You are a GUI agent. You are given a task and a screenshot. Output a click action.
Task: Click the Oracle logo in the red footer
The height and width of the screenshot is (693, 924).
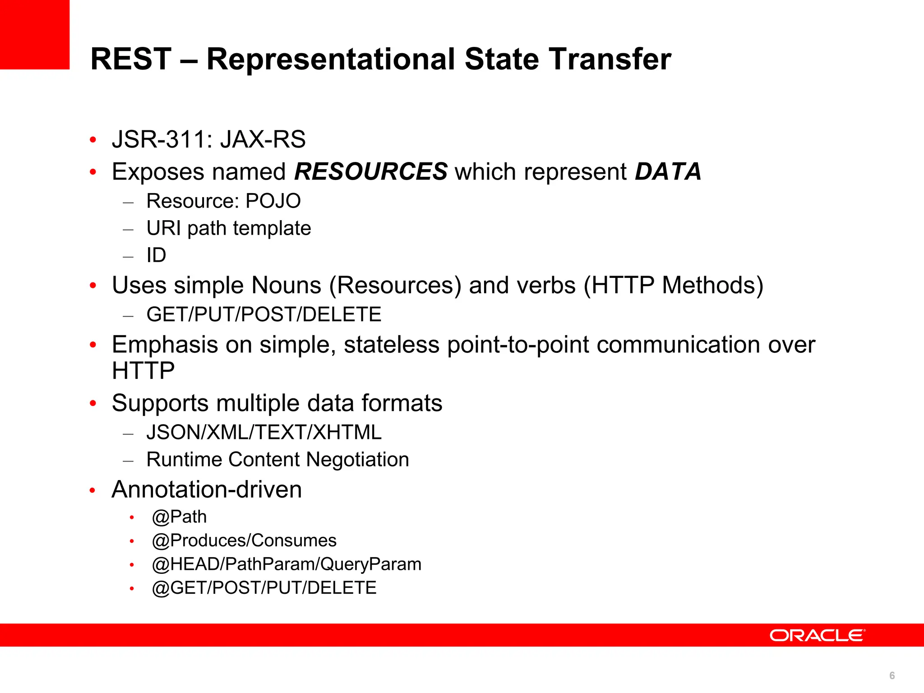pyautogui.click(x=817, y=635)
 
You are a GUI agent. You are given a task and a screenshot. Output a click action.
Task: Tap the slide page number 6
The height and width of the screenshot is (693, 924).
pyautogui.click(x=892, y=675)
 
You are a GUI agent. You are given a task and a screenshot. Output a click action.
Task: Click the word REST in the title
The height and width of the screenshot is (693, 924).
pyautogui.click(x=131, y=59)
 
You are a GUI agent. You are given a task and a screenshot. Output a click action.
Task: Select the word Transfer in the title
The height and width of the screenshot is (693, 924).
pyautogui.click(x=610, y=59)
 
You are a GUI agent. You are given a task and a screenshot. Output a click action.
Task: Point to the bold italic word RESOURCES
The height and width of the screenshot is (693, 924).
pyautogui.click(x=370, y=172)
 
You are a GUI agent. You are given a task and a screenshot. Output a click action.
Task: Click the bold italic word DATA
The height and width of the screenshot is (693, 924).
pyautogui.click(x=668, y=172)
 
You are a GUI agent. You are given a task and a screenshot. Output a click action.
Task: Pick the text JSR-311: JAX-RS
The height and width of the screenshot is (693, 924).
pyautogui.click(x=209, y=139)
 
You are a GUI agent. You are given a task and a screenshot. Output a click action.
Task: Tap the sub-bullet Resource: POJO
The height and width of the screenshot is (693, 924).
pyautogui.click(x=223, y=201)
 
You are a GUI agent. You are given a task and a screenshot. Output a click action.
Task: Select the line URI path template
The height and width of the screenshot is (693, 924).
pyautogui.click(x=229, y=228)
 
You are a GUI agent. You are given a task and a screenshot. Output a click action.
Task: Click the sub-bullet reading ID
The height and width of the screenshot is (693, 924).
pyautogui.click(x=156, y=255)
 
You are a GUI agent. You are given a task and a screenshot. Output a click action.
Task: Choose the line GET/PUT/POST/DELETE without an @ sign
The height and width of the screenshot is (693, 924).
pyautogui.click(x=264, y=314)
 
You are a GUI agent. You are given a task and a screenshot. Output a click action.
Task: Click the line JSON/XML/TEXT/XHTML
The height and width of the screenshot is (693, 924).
pyautogui.click(x=264, y=432)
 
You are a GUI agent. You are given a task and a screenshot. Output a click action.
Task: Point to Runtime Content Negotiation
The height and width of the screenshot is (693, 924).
pyautogui.click(x=277, y=460)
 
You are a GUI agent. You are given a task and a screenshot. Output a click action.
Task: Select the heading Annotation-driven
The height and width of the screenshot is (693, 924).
pyautogui.click(x=207, y=490)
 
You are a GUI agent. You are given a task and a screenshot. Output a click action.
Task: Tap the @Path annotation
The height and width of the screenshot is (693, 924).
pyautogui.click(x=180, y=517)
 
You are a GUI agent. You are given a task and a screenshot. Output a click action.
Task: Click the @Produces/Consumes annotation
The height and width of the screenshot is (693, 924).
pyautogui.click(x=244, y=541)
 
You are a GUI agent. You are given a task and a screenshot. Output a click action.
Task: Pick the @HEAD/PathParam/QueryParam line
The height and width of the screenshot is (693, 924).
pyautogui.click(x=286, y=564)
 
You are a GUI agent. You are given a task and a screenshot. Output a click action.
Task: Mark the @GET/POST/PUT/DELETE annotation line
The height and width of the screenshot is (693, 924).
pyautogui.click(x=264, y=588)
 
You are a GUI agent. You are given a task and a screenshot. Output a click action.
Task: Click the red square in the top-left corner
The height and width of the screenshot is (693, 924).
pyautogui.click(x=35, y=34)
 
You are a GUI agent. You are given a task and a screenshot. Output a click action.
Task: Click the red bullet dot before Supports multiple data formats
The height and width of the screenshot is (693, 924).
pyautogui.click(x=93, y=403)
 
